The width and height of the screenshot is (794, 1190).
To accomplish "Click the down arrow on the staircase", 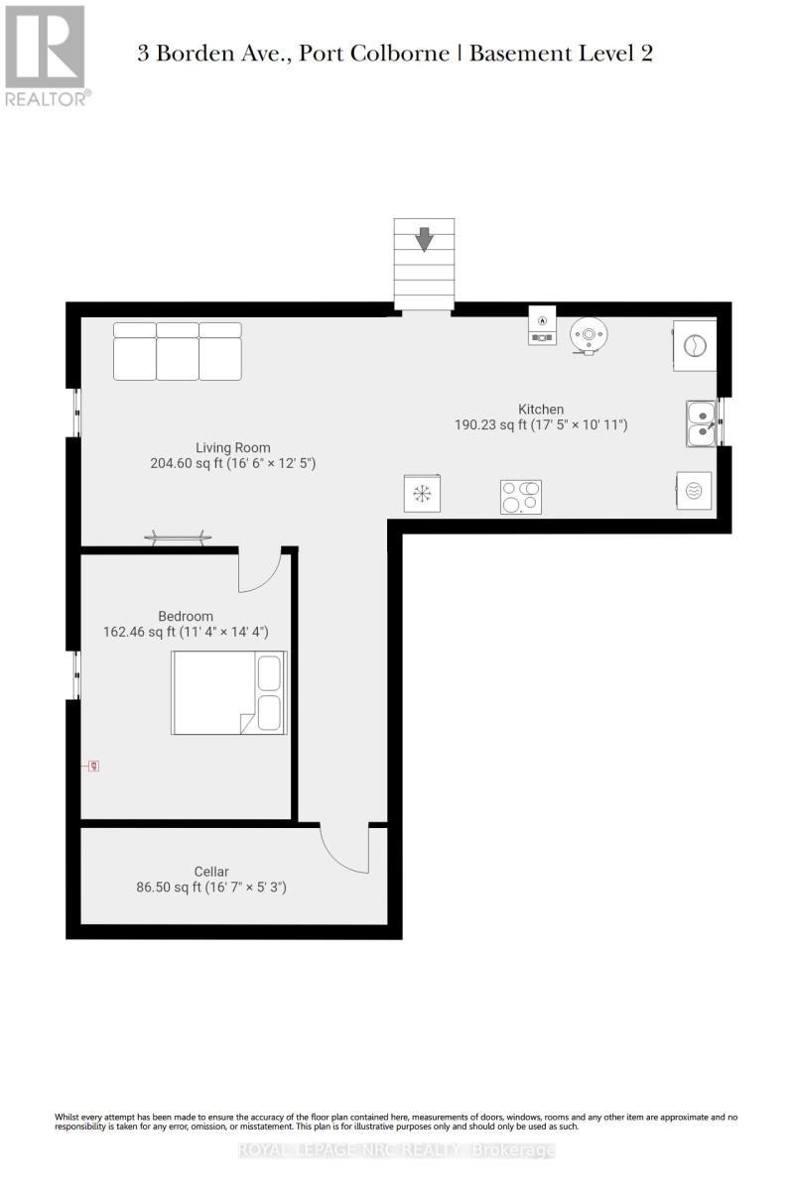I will coord(424,239).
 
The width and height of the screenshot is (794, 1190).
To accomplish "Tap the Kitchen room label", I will coord(541,409).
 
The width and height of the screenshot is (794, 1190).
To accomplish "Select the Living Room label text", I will coord(232,447).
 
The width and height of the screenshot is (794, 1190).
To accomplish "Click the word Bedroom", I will coord(186,616).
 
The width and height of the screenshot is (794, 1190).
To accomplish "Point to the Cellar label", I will coord(211,872).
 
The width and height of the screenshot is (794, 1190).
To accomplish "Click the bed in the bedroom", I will coord(228,692).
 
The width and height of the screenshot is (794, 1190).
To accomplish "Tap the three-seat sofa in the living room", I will coord(178,351).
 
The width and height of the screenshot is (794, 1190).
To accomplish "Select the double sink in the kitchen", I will coord(701,422).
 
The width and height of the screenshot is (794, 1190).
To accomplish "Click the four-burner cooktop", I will coord(521,497).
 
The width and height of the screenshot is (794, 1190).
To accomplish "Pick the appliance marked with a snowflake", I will coord(423,493).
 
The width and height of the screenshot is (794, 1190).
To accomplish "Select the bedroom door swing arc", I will coord(263,572).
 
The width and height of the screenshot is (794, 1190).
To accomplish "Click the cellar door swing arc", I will coord(344,851).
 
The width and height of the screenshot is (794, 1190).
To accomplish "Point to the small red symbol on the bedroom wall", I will coord(93,766).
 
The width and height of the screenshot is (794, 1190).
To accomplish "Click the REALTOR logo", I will coord(47,56).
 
